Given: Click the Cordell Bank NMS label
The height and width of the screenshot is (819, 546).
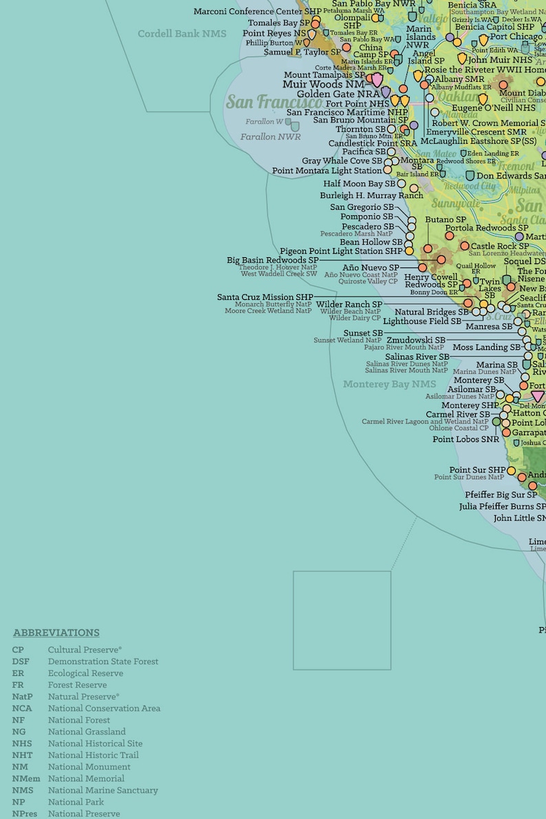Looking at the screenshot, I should click(x=182, y=34).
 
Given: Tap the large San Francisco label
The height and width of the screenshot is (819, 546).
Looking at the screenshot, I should click(x=274, y=102).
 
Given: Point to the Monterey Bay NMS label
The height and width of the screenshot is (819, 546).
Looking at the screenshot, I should click(x=389, y=384).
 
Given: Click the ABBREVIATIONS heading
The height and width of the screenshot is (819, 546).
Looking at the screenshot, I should click(x=56, y=633).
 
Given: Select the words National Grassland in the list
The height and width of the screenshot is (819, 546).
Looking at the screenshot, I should click(x=87, y=732).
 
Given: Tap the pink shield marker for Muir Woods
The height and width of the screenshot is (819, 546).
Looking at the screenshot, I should click(x=377, y=80).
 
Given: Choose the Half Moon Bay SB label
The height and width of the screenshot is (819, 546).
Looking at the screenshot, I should click(x=360, y=184).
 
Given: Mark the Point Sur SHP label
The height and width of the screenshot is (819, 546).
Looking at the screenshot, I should click(x=477, y=470).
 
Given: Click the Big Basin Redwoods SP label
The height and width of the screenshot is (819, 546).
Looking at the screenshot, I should click(x=272, y=261).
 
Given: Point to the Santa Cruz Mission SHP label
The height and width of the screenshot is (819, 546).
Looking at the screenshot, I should click(x=265, y=297).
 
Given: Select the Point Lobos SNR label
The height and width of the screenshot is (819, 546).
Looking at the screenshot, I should click(x=466, y=439).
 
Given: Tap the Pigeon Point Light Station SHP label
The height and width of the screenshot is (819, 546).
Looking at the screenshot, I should click(x=341, y=252).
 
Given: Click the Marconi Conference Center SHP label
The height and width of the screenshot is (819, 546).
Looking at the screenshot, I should click(x=257, y=12).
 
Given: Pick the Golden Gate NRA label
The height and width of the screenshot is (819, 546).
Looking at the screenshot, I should click(x=338, y=94).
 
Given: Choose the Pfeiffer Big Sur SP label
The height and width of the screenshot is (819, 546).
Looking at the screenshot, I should click(x=501, y=495).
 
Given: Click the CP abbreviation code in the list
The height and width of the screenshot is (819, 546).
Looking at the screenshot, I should click(x=18, y=650).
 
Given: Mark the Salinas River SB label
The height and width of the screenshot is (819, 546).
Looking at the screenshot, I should click(x=417, y=357).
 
